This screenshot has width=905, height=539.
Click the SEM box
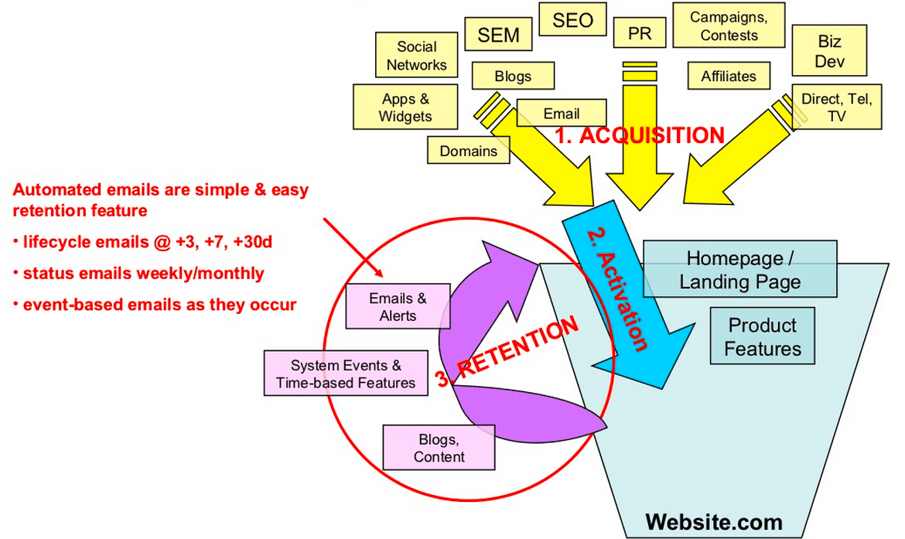498,35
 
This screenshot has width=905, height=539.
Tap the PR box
639,34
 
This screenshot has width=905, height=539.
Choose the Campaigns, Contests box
729,26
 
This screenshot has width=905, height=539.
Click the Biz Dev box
830,52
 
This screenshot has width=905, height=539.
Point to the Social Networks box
416,56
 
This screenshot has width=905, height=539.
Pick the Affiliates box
728,77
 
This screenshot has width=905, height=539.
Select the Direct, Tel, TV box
836,107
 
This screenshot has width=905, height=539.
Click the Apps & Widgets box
405,107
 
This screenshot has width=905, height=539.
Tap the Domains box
468,151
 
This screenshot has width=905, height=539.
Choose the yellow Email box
561,114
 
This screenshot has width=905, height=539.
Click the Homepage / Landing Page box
739,269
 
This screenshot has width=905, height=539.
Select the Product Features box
762,337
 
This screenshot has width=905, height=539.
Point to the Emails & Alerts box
398,306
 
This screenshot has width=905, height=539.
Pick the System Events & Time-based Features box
345,374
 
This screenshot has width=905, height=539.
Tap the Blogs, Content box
439,448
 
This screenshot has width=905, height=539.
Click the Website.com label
713,521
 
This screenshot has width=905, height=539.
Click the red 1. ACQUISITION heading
640,135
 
